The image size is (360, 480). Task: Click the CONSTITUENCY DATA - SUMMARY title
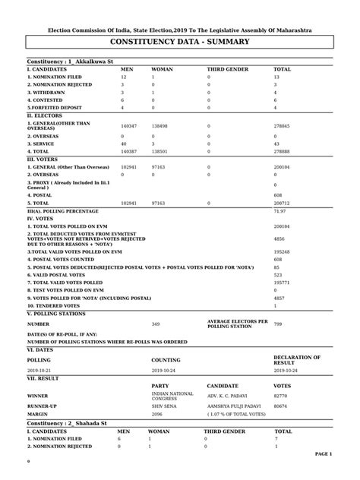click(179, 46)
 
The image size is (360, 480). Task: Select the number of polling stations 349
click(156, 324)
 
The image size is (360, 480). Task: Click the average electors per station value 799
click(278, 324)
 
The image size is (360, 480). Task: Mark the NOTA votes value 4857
click(278, 298)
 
